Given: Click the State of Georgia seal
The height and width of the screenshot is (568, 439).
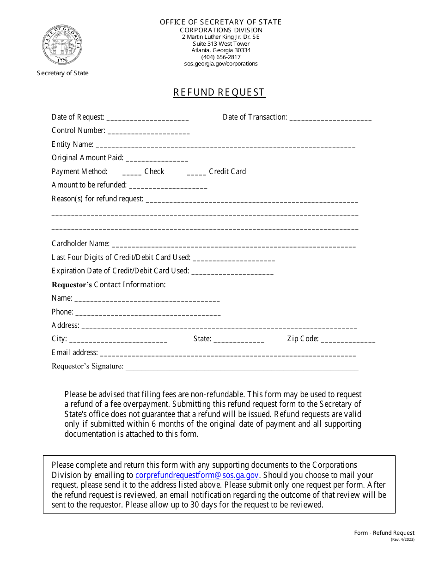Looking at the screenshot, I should [62, 45].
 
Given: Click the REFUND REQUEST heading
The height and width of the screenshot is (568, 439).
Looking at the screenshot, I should [219, 92].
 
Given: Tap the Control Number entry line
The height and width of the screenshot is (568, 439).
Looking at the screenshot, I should [148, 132].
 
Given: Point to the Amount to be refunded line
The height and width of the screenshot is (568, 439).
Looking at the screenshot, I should [168, 186].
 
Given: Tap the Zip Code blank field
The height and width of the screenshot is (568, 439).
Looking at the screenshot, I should [348, 340].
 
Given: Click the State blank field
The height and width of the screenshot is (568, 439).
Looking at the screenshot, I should [238, 340].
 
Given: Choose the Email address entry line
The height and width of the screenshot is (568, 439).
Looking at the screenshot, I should [228, 354].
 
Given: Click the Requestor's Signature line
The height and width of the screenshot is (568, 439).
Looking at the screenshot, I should [242, 368].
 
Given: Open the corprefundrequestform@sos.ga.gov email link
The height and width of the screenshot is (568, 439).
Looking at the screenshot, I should [196, 475].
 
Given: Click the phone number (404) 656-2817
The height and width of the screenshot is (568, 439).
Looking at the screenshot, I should [221, 57].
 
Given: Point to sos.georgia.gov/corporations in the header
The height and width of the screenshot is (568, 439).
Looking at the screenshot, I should [221, 64].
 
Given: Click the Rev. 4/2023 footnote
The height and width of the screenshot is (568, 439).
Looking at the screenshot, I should [402, 539].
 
